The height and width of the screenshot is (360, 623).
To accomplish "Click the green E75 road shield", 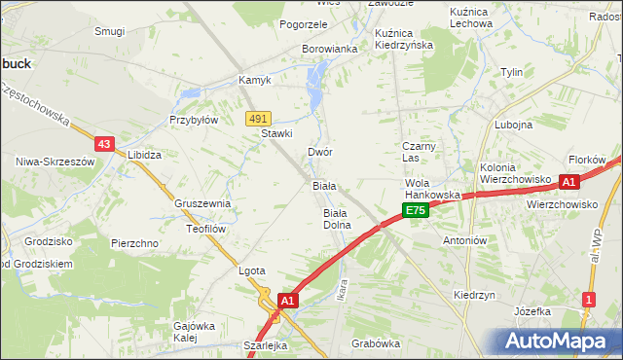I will pyautogui.click(x=416, y=210).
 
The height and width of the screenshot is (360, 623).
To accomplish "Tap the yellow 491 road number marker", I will pyautogui.click(x=257, y=118).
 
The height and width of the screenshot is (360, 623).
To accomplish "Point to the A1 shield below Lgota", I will pyautogui.click(x=287, y=302).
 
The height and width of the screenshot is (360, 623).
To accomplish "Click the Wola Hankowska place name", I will pyautogui.click(x=431, y=189).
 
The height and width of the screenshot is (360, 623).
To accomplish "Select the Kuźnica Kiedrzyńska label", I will pyautogui.click(x=403, y=39).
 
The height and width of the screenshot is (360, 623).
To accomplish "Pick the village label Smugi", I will pyautogui.click(x=109, y=31).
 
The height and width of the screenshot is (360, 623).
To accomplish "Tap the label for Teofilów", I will pyautogui.click(x=205, y=229).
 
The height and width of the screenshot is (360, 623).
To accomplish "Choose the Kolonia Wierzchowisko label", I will pyautogui.click(x=515, y=173).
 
